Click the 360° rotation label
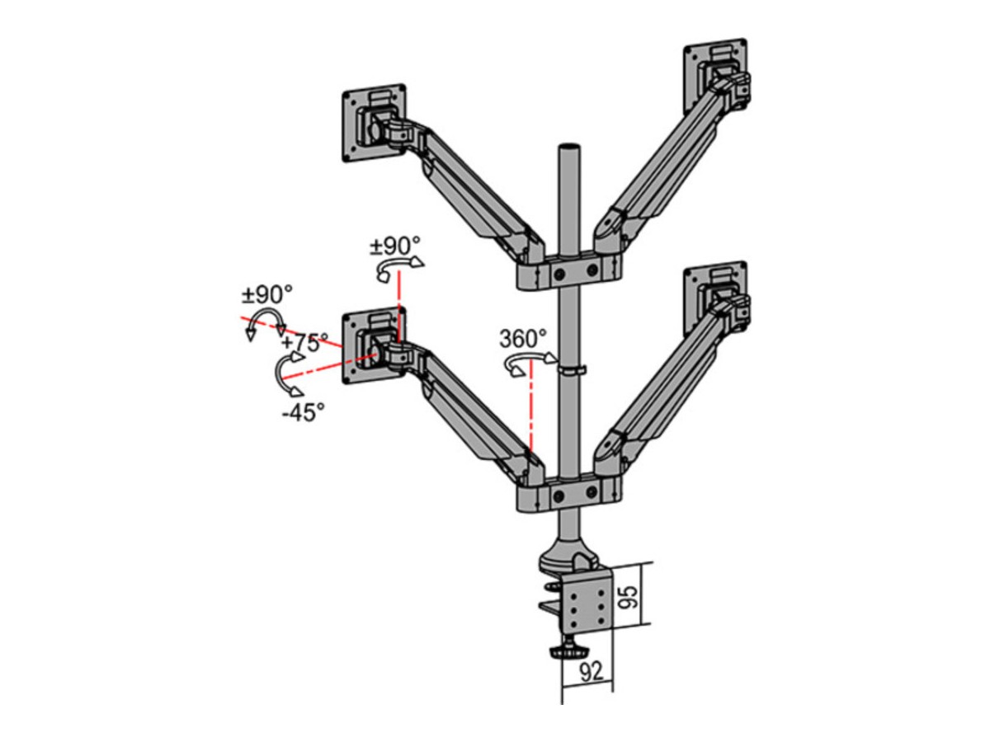coord(523,339)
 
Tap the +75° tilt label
coord(304,342)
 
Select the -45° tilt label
coord(303,411)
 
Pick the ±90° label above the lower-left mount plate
coord(394,246)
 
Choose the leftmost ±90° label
coord(267,294)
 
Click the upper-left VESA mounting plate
coord(374,123)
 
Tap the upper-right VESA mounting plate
coord(715,76)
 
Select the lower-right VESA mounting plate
coord(715,298)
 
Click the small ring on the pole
coord(569,370)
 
